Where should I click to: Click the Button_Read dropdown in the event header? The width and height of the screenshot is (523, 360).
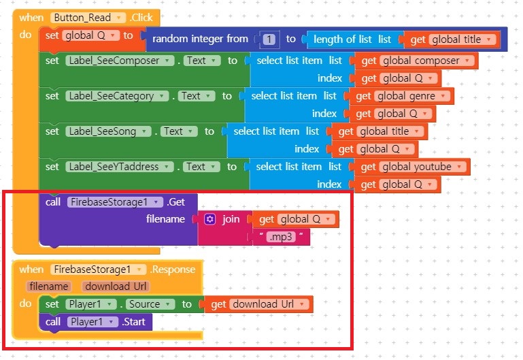point(88,17)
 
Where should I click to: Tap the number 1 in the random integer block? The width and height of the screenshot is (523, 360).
point(271,39)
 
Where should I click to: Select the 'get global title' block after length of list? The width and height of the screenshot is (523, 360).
point(453,39)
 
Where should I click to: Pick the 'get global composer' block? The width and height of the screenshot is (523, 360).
point(419,61)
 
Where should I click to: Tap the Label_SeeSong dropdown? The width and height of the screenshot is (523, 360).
point(107,131)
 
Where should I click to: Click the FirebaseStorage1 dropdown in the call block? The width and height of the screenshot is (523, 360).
point(115,201)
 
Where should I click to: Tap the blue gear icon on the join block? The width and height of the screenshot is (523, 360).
point(210,219)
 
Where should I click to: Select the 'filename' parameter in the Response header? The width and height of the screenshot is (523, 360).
point(48,287)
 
